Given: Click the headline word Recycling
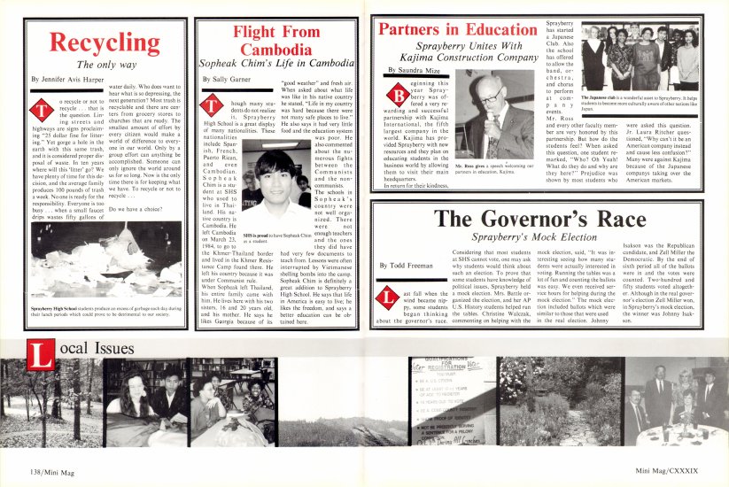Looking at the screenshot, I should (97, 42).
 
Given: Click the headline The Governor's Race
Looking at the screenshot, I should (544, 220).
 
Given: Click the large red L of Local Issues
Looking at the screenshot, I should (41, 359).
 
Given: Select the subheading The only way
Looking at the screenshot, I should (98, 64).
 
